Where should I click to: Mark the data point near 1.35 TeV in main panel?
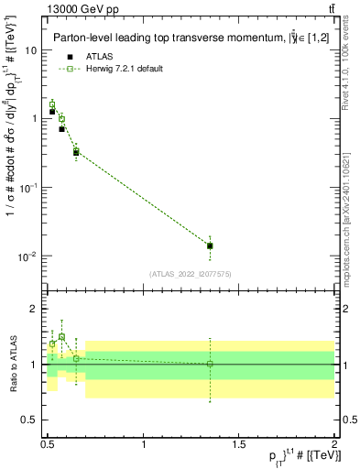coord(210,245)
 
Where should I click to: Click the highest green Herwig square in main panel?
coord(52,104)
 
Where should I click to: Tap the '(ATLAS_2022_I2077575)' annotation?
coord(191,273)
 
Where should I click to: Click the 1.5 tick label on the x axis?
coord(238,444)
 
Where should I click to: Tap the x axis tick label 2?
coord(334,444)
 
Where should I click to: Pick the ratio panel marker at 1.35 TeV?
coord(210,364)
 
